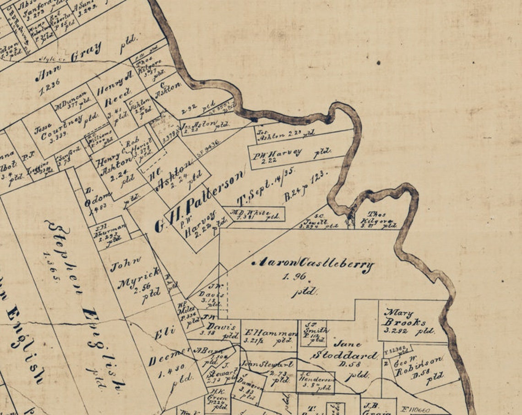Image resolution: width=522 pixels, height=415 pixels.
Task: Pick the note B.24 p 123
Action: pos(306,186)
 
